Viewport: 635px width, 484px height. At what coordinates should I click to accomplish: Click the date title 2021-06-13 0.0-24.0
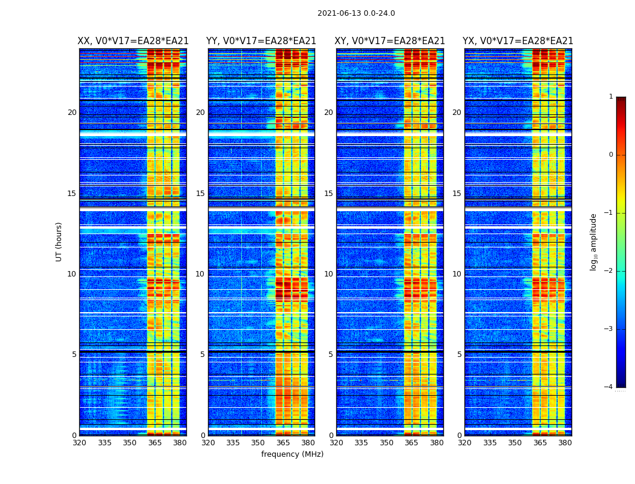[356, 13]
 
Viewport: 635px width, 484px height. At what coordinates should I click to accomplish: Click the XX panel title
[133, 41]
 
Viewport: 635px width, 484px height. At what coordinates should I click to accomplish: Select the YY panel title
[261, 41]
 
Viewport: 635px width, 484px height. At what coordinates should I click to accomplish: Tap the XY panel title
[389, 41]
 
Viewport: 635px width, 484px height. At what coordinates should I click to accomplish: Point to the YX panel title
[518, 41]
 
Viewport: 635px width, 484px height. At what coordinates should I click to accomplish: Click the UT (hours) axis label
[59, 241]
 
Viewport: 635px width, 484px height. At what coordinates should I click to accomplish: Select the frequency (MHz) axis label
[292, 454]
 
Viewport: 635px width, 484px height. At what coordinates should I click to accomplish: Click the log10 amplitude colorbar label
[594, 241]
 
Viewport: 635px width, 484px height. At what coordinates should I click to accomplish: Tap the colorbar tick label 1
[611, 97]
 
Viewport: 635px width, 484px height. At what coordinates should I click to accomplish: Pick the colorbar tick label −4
[609, 387]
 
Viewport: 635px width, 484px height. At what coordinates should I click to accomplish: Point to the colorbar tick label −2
[609, 271]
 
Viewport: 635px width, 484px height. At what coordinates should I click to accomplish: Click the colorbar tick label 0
[611, 155]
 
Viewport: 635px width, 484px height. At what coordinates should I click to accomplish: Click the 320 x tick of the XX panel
[79, 443]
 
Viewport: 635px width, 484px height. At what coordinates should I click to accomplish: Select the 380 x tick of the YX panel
[565, 443]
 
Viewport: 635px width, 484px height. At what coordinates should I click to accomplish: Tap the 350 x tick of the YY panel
[258, 443]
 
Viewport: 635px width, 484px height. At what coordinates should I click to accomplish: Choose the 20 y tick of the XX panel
[72, 113]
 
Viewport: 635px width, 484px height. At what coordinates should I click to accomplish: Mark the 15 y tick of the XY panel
[328, 194]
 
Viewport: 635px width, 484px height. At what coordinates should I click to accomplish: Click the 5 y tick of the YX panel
[459, 355]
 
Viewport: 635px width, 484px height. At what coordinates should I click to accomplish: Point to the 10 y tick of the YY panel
[200, 274]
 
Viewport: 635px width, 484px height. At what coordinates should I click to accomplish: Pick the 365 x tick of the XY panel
[411, 443]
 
